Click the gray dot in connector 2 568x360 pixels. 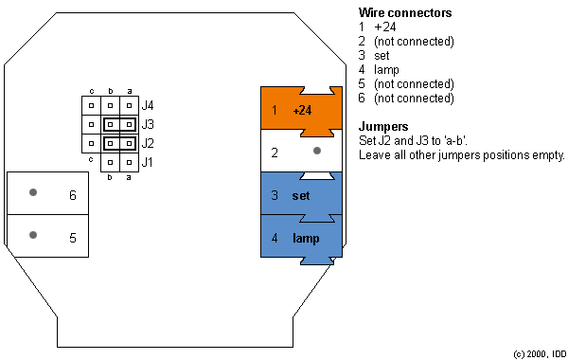[x=317, y=151]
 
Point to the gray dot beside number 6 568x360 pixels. [x=33, y=192]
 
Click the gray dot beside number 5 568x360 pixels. [x=33, y=235]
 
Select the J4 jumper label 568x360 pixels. [x=147, y=104]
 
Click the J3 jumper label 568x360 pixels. [x=147, y=124]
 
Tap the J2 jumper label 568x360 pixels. [x=147, y=144]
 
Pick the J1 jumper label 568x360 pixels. [x=147, y=163]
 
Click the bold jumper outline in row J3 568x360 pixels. [x=119, y=124]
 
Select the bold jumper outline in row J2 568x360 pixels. [x=119, y=144]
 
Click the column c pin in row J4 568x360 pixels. [x=92, y=104]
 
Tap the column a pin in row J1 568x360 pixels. [x=129, y=163]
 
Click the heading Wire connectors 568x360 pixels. [x=404, y=13]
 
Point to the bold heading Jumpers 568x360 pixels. [x=383, y=126]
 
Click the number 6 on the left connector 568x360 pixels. [x=72, y=196]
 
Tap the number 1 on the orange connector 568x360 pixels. [x=275, y=110]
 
